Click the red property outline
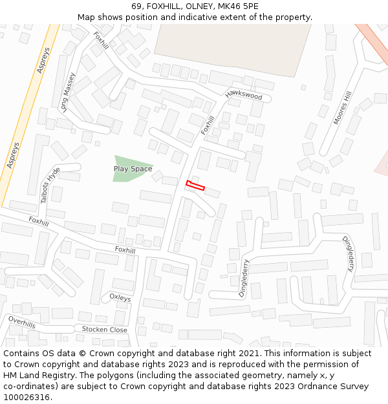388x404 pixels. click(x=195, y=186)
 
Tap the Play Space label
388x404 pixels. click(x=133, y=169)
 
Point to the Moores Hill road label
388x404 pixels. click(x=342, y=107)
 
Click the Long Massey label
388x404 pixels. click(x=68, y=92)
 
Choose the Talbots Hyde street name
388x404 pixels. click(x=50, y=185)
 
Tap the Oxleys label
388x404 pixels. click(x=120, y=298)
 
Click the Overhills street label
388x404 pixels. click(x=21, y=323)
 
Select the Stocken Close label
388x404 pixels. click(x=104, y=330)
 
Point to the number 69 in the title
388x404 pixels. click(x=137, y=6)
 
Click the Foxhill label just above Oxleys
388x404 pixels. click(x=125, y=250)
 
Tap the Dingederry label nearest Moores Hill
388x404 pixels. click(x=349, y=253)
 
